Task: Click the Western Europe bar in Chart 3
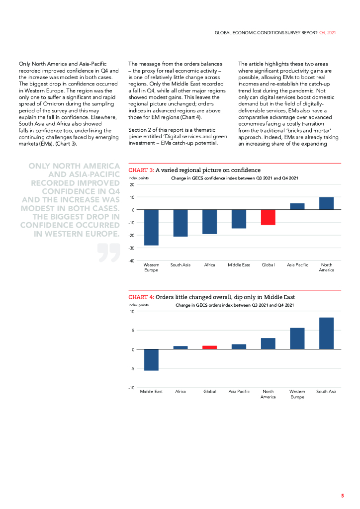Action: point(151,227)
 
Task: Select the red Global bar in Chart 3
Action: point(268,217)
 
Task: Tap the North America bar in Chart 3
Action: point(326,204)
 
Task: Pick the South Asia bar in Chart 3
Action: point(180,223)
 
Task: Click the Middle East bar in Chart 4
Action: point(151,360)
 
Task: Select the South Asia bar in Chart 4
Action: point(326,334)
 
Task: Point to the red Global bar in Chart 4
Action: point(209,347)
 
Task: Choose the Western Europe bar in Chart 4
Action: point(297,339)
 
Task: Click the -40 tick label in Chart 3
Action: point(132,260)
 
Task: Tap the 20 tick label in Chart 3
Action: point(133,184)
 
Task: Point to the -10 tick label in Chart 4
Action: point(132,387)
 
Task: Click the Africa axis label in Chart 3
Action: point(209,265)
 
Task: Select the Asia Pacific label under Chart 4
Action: point(239,392)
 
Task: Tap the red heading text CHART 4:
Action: point(141,297)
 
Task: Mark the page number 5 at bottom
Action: point(342,496)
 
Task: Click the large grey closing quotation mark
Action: point(109,253)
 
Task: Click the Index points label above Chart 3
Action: point(139,178)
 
